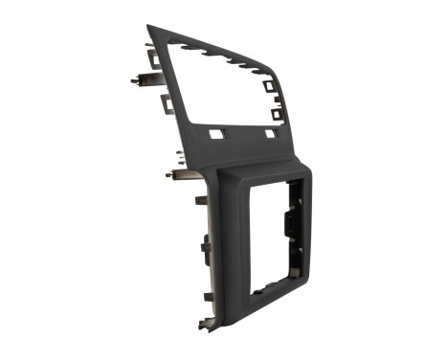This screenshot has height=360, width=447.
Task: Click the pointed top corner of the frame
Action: pyautogui.click(x=149, y=28)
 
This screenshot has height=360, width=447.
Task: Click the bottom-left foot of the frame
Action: pyautogui.click(x=205, y=326)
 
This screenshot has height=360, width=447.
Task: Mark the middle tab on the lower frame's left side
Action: pyautogui.click(x=205, y=247)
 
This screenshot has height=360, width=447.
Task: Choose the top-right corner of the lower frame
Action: pyautogui.click(x=308, y=174)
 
